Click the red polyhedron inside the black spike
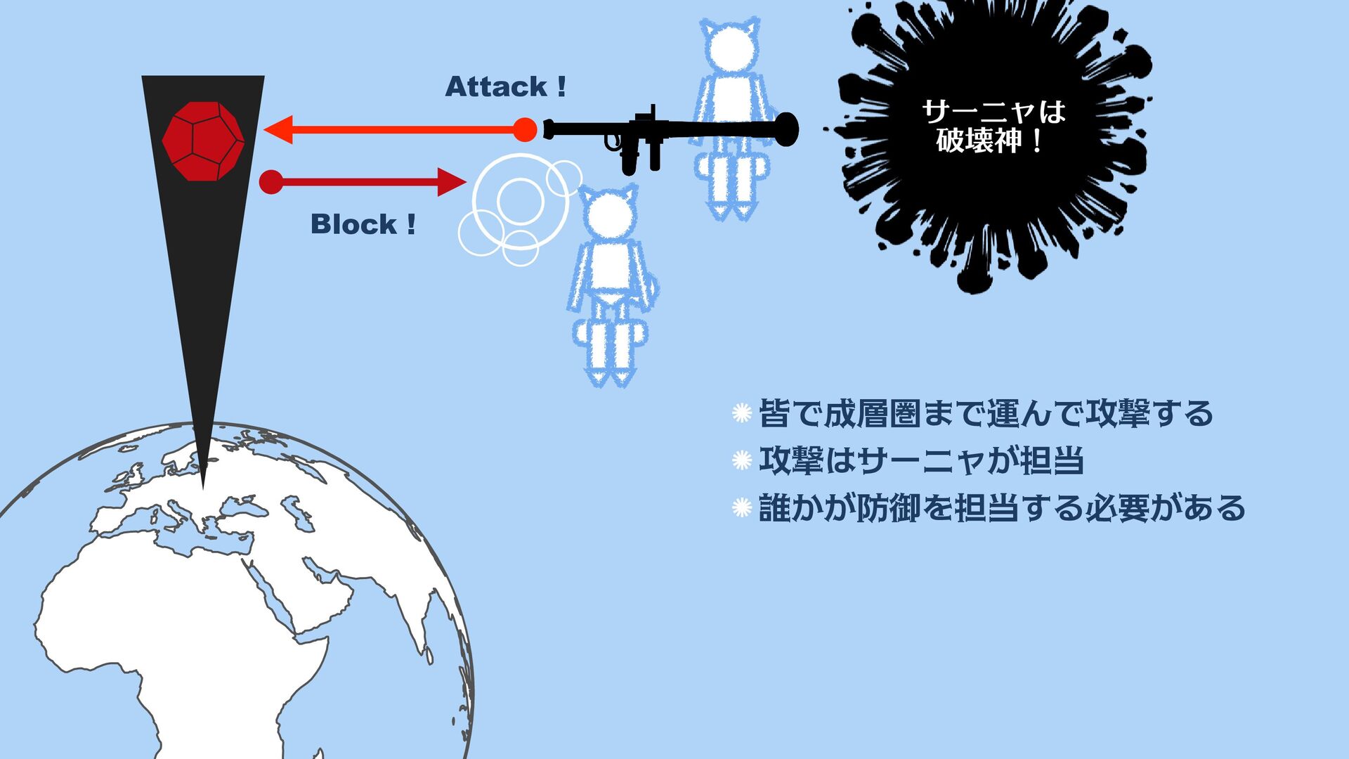(x=203, y=141)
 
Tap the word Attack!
(x=505, y=87)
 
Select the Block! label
(x=363, y=225)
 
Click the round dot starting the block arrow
(x=271, y=182)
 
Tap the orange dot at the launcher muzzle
(x=524, y=130)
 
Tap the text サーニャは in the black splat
(x=993, y=111)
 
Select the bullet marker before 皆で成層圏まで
(x=742, y=413)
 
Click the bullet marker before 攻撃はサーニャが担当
(x=742, y=460)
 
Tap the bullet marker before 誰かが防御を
(x=742, y=507)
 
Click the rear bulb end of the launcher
(x=788, y=129)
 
